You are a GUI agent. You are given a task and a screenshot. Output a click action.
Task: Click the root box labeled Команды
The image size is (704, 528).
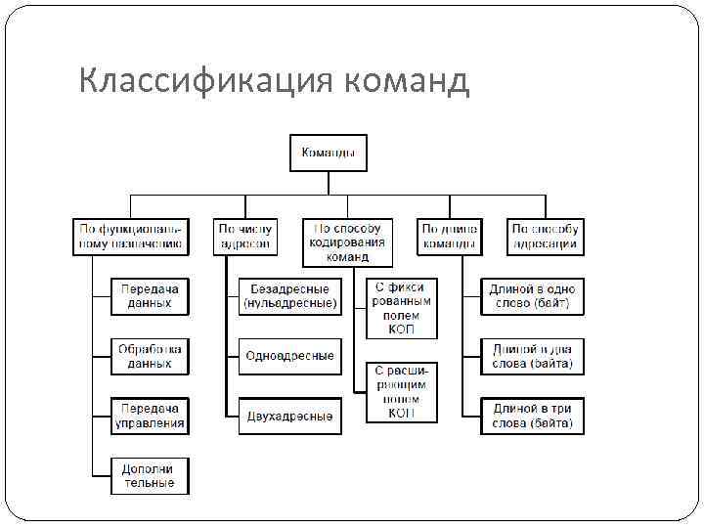coord(328,153)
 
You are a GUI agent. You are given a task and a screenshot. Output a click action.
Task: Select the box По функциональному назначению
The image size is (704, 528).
coord(130,237)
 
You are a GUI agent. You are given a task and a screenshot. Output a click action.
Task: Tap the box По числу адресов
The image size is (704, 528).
coord(245,237)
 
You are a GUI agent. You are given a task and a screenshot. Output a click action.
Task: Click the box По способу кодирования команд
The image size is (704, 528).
coord(347,242)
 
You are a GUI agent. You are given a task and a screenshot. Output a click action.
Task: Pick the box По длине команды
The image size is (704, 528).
coord(450,237)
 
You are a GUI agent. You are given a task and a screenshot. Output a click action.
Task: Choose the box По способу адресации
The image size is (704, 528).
coord(546,237)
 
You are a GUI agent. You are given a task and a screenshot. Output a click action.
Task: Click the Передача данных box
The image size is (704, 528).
coord(150,296)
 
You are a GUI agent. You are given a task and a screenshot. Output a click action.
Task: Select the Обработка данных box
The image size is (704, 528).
coord(150,356)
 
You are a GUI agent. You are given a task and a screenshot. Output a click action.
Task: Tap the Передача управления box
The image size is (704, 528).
coord(150,416)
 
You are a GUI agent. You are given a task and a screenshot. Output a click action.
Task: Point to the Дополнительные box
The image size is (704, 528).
coord(150,475)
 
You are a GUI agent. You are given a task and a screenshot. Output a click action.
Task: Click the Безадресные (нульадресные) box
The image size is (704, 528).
coord(289,296)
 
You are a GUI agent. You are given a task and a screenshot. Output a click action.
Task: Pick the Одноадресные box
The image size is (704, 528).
coord(289,356)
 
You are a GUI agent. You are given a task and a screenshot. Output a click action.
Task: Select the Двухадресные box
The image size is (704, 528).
coord(289,416)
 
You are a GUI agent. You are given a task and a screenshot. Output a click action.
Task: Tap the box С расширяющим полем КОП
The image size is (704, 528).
coord(402,392)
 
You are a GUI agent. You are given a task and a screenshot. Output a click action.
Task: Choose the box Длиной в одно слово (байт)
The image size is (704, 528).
coord(533,296)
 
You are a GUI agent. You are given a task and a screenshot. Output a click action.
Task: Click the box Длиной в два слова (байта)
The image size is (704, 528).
coord(533,356)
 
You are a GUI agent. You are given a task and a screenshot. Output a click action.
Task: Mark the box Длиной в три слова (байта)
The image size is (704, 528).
coord(533,416)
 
